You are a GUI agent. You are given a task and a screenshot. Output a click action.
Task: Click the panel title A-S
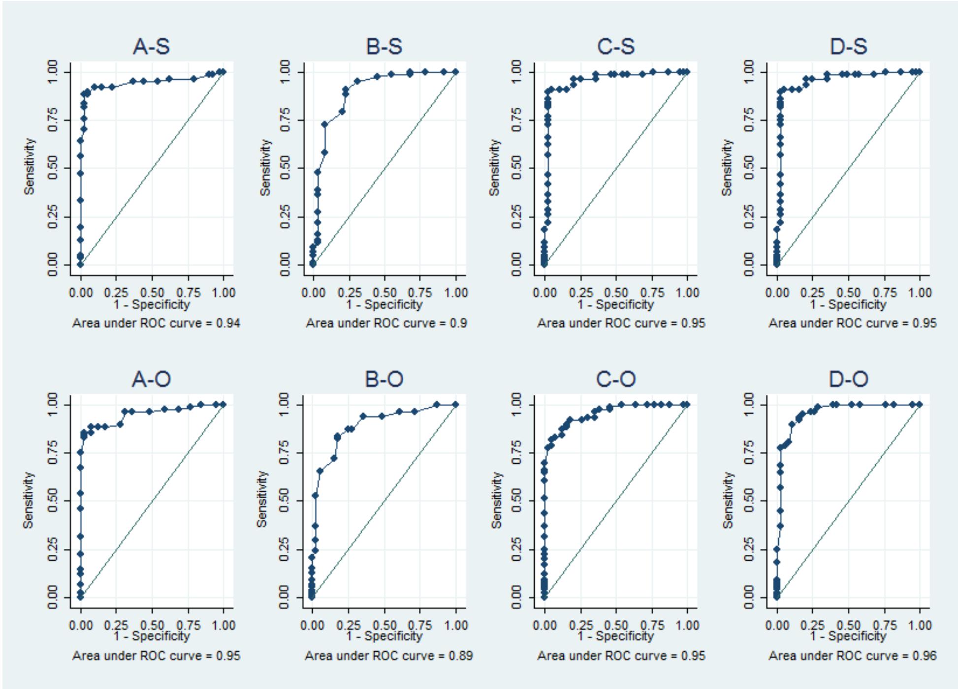point(151,47)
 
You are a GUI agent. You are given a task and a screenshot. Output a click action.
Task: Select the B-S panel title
point(384,47)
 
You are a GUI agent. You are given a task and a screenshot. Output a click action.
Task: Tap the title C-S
point(616,47)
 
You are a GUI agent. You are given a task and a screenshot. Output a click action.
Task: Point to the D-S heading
point(848,47)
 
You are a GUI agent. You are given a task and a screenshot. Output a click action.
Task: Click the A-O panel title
point(151,379)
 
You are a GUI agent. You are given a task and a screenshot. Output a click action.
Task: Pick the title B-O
point(384,379)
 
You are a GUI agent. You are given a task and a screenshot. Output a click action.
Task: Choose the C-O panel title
point(616,379)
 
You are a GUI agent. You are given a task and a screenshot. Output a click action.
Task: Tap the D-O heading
point(848,379)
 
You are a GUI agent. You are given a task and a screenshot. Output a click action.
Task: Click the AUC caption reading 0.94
point(156,323)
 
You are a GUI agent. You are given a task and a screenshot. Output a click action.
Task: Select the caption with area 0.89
point(389,656)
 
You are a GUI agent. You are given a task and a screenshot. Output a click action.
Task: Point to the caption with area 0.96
point(853,656)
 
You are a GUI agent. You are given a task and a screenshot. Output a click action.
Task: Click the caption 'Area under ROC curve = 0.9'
point(386,323)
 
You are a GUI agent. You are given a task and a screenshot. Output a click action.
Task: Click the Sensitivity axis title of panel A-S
point(30,166)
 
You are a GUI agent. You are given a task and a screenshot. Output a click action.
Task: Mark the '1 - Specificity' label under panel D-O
point(848,636)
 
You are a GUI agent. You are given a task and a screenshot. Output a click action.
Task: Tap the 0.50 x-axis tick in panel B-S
point(384,293)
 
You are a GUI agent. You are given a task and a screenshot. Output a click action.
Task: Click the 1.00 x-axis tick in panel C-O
point(687,625)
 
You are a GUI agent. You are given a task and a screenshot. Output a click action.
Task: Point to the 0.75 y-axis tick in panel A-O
point(53,452)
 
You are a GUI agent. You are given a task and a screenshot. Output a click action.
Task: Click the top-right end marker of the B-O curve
point(455,404)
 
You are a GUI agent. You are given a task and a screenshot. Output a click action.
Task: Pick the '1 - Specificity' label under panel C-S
point(616,304)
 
